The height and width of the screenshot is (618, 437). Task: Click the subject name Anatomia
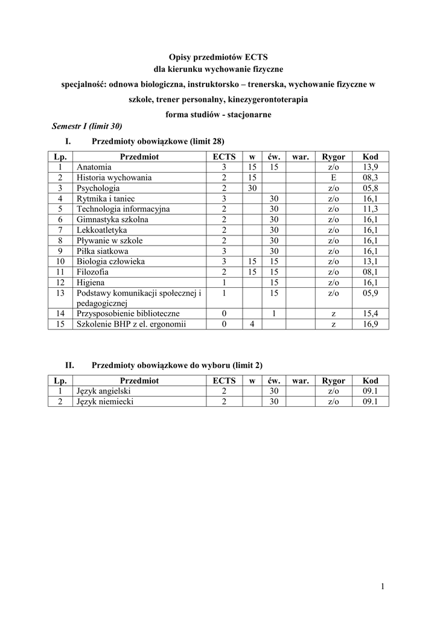pyautogui.click(x=94, y=167)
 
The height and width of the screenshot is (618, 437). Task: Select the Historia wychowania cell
pyautogui.click(x=114, y=177)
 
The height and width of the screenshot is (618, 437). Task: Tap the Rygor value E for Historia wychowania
pyautogui.click(x=333, y=177)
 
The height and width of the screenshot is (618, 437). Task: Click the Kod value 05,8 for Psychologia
pyautogui.click(x=370, y=188)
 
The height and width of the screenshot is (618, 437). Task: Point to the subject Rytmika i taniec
pyautogui.click(x=106, y=199)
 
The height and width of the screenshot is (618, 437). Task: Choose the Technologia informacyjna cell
pyautogui.click(x=123, y=209)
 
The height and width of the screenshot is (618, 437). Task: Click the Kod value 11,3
pyautogui.click(x=370, y=209)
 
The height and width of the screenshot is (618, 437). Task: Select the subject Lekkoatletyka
pyautogui.click(x=101, y=230)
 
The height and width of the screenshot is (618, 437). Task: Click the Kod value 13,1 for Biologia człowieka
pyautogui.click(x=370, y=261)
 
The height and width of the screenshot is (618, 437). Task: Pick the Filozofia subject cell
pyautogui.click(x=93, y=272)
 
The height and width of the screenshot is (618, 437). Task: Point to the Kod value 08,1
pyautogui.click(x=370, y=272)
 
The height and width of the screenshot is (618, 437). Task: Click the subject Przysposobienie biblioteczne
pyautogui.click(x=128, y=314)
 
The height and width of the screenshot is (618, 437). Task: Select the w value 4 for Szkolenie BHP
pyautogui.click(x=252, y=324)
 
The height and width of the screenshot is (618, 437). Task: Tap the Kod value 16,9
pyautogui.click(x=370, y=324)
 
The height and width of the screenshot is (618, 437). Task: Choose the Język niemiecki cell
pyautogui.click(x=105, y=401)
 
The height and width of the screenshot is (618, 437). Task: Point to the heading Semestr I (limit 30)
pyautogui.click(x=87, y=126)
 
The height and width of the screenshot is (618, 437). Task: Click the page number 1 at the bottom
pyautogui.click(x=383, y=586)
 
